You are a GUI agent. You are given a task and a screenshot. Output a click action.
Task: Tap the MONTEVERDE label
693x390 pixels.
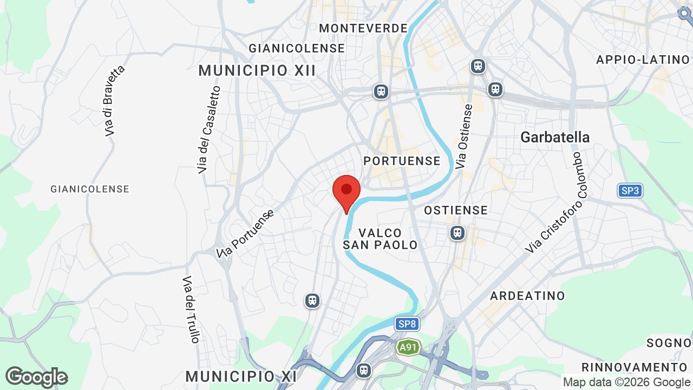(363, 28)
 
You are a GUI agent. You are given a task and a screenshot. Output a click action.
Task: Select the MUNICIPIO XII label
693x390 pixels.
(257, 70)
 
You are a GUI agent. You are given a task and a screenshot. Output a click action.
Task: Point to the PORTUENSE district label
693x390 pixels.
(402, 161)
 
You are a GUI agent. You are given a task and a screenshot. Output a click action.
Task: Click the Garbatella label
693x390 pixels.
(555, 137)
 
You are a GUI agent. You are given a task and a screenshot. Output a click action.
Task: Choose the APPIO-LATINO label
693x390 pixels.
(643, 60)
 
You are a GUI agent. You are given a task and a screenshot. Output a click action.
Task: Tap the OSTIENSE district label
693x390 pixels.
(456, 210)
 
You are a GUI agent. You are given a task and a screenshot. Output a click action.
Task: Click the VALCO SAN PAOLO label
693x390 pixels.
(380, 239)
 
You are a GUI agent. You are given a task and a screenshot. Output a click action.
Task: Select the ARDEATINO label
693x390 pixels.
(527, 296)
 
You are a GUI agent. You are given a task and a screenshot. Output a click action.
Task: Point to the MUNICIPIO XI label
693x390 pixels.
(241, 376)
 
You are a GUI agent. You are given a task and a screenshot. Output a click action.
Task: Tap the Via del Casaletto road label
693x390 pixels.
(210, 130)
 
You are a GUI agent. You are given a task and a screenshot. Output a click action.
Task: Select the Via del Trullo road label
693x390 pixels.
(191, 309)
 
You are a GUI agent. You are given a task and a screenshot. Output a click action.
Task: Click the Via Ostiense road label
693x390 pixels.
(465, 136)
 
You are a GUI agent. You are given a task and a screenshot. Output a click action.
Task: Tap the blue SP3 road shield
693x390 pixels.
(630, 191)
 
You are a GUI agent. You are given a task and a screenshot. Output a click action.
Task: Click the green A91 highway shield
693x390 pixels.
(408, 347)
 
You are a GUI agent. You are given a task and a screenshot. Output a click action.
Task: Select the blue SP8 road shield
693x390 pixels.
(407, 324)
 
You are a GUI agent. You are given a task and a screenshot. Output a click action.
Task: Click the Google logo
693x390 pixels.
(36, 377)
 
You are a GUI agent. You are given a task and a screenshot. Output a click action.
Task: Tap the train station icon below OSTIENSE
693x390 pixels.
(457, 233)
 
